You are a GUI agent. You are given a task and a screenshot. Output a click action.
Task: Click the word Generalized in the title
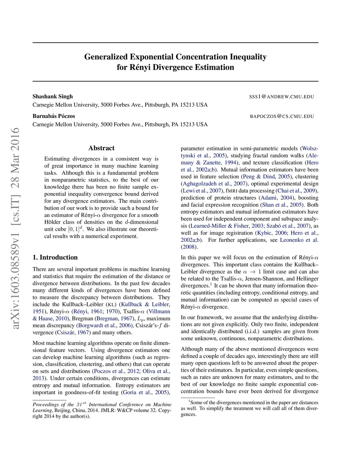(106, 57)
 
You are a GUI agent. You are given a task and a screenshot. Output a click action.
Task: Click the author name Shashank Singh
(53, 96)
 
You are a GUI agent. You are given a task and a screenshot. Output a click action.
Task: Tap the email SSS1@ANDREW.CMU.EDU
(281, 97)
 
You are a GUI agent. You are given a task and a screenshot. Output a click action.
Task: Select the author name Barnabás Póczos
(54, 116)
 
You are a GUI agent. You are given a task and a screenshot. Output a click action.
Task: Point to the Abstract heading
(101, 148)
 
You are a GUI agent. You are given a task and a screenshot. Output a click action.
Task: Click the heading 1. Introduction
(55, 257)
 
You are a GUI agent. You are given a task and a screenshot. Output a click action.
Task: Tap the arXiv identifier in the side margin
(15, 229)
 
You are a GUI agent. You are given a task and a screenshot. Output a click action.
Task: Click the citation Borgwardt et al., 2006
(105, 325)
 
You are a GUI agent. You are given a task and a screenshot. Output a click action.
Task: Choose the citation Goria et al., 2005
(144, 392)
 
